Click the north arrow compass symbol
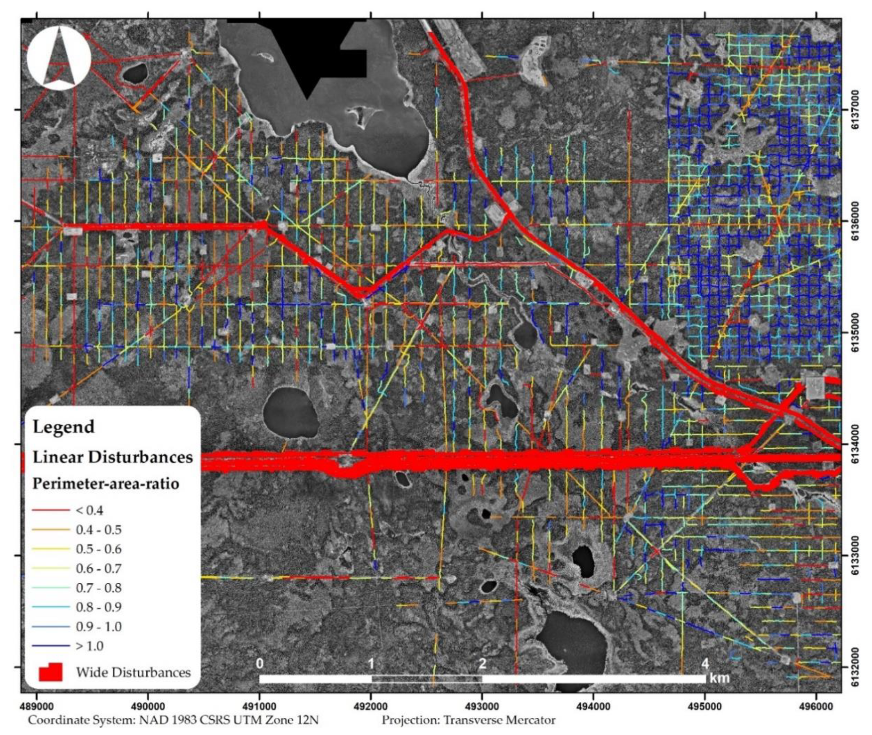(59, 58)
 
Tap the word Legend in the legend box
(63, 427)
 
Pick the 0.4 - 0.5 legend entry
(98, 530)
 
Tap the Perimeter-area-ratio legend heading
(106, 484)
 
